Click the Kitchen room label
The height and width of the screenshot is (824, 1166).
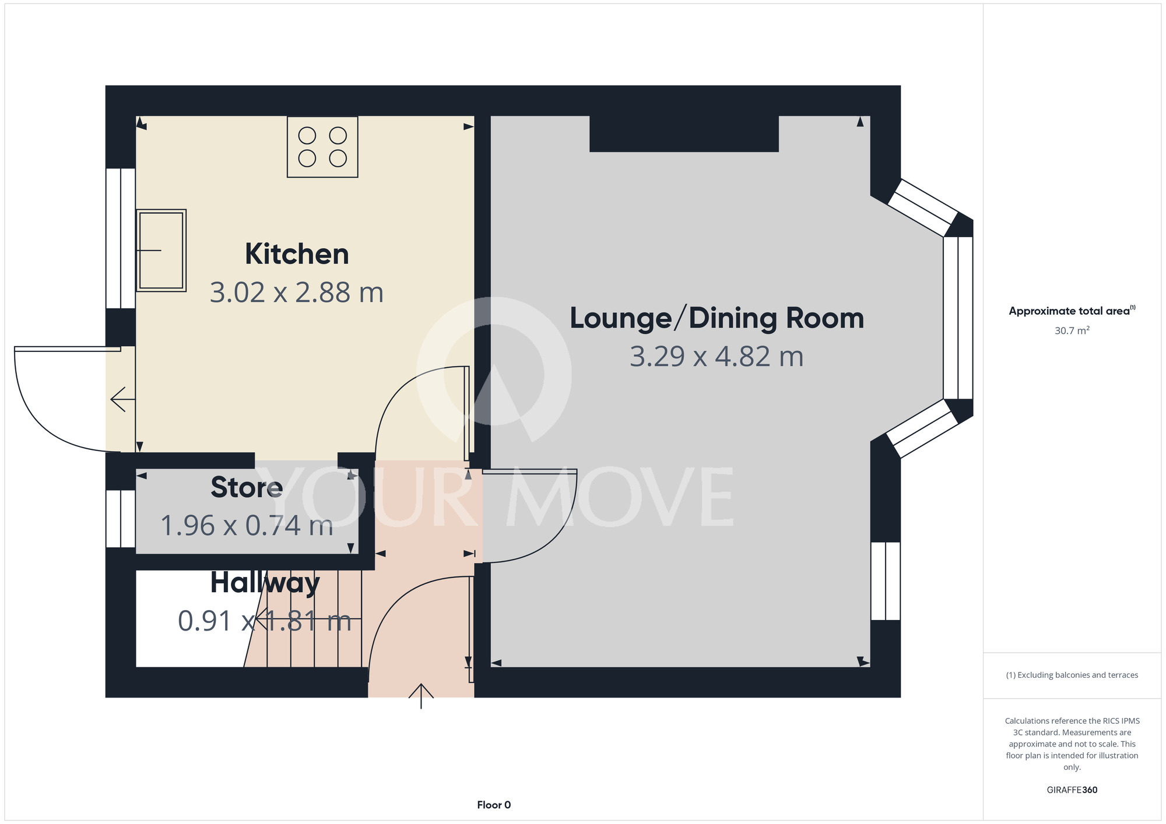297,254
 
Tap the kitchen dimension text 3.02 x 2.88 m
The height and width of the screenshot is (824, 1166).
297,293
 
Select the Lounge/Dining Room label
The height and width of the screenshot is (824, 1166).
717,319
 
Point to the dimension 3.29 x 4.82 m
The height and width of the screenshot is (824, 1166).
717,357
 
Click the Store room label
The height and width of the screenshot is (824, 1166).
247,487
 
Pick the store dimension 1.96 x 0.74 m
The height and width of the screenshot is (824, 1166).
247,526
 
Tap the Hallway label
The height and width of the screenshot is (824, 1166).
265,583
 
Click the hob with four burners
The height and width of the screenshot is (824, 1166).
322,147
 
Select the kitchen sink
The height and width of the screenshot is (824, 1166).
161,251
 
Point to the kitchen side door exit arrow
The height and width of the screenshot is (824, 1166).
123,399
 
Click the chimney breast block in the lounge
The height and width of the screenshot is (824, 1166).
684,134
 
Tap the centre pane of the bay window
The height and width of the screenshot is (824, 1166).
958,318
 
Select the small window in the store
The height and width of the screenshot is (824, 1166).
121,519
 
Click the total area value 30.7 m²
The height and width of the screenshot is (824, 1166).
1072,330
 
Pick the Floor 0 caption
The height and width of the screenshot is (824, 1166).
494,805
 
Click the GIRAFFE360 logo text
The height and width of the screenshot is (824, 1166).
1072,790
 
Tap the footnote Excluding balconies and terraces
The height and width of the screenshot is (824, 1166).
1072,675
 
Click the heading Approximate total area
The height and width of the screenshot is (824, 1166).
1072,311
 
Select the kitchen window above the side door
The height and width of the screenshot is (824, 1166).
121,238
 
